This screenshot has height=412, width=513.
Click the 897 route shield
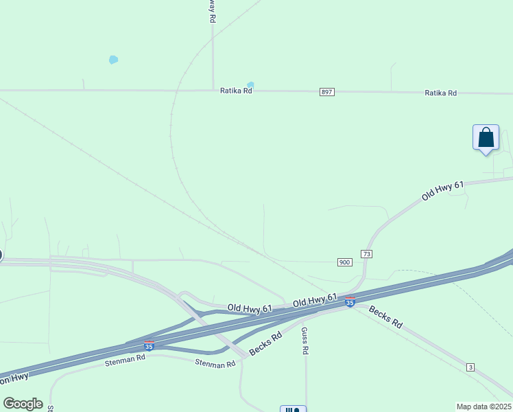tap(326, 92)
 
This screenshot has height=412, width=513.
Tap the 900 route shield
tap(344, 262)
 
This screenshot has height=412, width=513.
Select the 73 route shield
tap(367, 254)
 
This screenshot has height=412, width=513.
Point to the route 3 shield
tap(470, 368)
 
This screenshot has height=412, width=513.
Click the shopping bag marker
tap(486, 137)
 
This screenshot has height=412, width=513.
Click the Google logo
tap(23, 404)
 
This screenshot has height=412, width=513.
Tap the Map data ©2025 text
tap(484, 407)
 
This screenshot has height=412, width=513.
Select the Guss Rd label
tap(305, 341)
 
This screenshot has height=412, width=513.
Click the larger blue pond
tap(113, 60)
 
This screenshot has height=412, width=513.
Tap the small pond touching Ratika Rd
tap(250, 85)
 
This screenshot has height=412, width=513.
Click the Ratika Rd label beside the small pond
tap(236, 91)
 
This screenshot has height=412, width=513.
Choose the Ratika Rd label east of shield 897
tap(440, 93)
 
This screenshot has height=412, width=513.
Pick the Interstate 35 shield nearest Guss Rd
tap(350, 302)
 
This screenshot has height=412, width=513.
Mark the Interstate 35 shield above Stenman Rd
tap(149, 346)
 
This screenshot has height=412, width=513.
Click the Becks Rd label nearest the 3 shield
tap(385, 317)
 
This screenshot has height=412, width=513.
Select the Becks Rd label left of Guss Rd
tap(266, 344)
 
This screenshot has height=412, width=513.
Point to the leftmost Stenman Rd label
tap(126, 358)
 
